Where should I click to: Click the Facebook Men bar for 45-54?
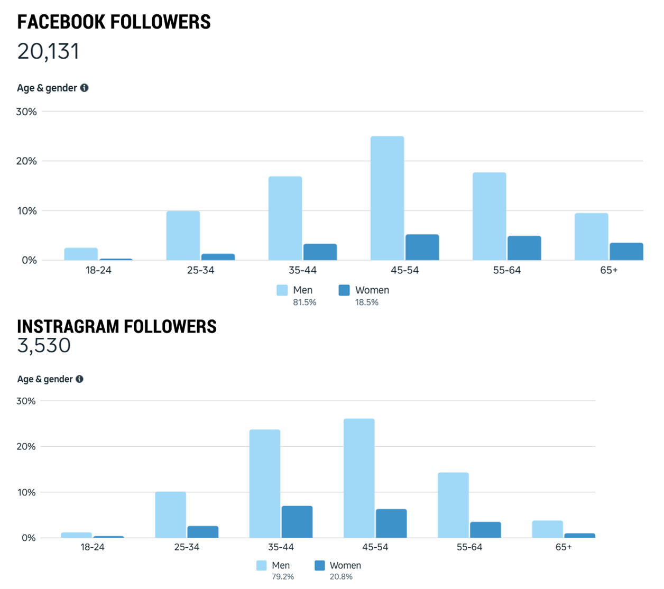pos(387,198)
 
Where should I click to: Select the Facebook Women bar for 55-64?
pos(524,248)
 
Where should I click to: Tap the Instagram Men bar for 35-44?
pos(265,484)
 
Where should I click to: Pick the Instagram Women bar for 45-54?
pos(391,523)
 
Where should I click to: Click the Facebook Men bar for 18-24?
pos(81,254)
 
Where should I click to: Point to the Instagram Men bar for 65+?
pos(547,529)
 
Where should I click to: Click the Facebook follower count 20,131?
pos(48,51)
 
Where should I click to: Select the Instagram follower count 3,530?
pos(44,345)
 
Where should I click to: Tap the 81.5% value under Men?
pos(305,302)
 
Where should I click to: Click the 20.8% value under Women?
pos(341,577)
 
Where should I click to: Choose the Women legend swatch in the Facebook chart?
pos(344,290)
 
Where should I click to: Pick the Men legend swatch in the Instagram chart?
pos(262,565)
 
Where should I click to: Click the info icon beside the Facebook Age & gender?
pos(85,88)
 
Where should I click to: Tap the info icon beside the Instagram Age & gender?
pos(79,379)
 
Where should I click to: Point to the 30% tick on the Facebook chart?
pos(26,112)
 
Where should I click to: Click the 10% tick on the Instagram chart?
pos(26,492)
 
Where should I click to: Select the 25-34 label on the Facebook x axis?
pos(200,270)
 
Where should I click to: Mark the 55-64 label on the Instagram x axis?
pos(469,547)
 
